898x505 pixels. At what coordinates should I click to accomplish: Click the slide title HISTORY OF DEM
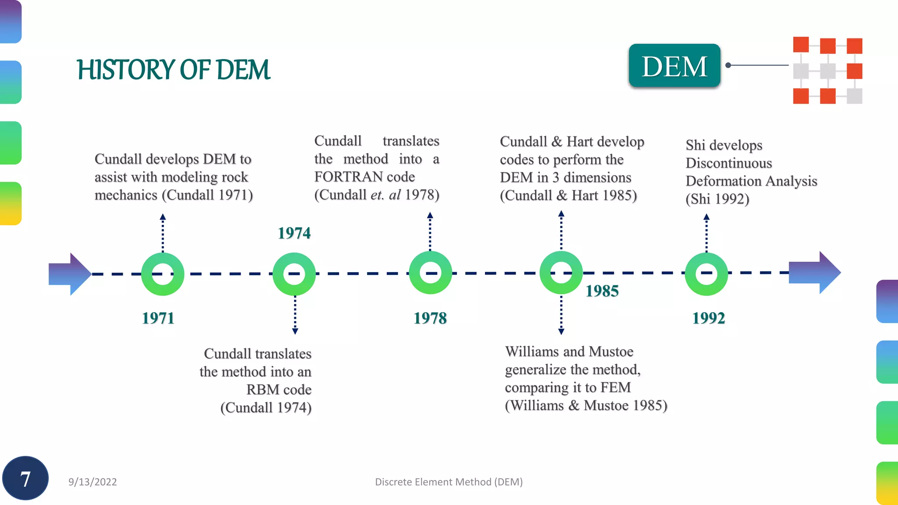[174, 70]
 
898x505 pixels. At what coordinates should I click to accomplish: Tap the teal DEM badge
[674, 66]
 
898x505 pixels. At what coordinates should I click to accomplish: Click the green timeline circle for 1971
[163, 274]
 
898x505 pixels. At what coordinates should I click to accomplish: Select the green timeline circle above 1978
[430, 273]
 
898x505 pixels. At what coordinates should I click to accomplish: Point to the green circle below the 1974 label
[294, 274]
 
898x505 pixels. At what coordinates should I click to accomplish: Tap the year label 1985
[602, 291]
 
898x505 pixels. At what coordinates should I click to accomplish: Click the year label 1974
[294, 233]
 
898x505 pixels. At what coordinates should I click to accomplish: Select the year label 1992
[709, 318]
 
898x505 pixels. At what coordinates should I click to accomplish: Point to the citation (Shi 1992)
[717, 199]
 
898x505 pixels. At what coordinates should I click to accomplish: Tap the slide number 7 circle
[25, 478]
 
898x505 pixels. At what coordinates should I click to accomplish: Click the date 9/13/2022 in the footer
[93, 482]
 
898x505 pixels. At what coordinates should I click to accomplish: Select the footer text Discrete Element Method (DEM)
[449, 482]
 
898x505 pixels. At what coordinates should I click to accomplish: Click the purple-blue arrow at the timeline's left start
[69, 274]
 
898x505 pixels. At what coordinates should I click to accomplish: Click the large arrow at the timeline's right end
[814, 272]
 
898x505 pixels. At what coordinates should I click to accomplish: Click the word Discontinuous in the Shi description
[729, 163]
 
